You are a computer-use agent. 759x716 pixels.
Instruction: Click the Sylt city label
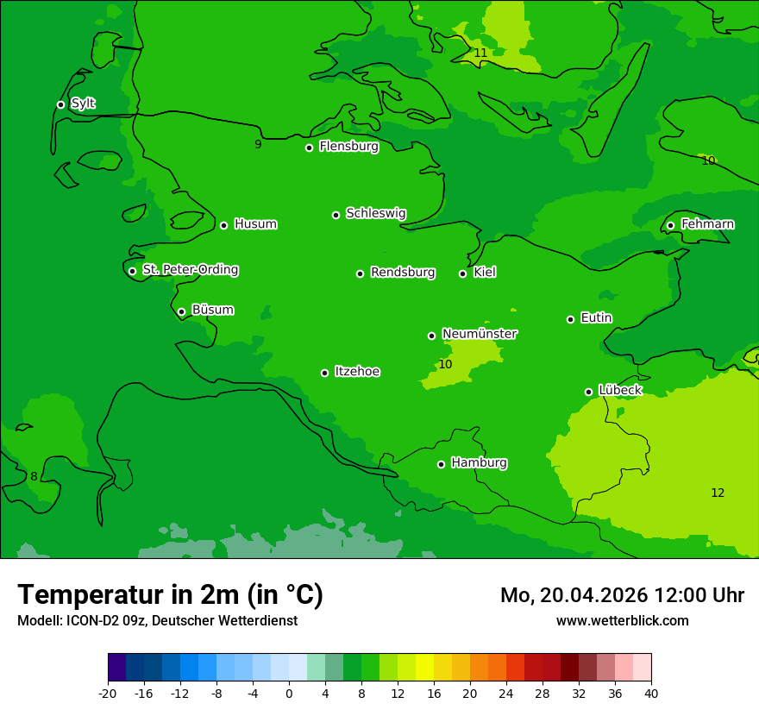83,104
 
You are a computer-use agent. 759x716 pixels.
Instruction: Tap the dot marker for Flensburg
309,148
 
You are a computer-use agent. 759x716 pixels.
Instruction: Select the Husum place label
255,224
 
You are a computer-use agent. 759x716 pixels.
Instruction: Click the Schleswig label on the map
375,213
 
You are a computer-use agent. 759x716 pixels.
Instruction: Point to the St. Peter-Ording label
190,270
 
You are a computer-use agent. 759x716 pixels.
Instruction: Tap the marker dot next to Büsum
181,311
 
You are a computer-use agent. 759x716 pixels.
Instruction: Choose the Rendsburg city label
402,273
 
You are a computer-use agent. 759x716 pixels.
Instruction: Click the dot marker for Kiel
462,273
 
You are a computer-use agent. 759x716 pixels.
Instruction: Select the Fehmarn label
707,224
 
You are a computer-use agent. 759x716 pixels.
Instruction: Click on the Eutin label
596,318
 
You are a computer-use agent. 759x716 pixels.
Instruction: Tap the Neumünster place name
479,334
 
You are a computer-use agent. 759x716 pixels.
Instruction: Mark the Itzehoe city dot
324,373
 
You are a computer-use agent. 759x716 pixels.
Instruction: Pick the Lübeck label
619,391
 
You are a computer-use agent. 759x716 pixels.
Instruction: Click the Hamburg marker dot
441,464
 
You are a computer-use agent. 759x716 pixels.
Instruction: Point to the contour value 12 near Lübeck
718,493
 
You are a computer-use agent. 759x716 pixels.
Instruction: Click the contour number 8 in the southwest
34,477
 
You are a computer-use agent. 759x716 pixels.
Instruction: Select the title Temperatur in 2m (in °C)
170,594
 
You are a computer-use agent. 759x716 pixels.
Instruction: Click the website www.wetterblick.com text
622,620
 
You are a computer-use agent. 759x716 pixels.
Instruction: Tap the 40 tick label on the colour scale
651,693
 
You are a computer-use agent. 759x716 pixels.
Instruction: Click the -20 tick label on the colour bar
108,693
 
